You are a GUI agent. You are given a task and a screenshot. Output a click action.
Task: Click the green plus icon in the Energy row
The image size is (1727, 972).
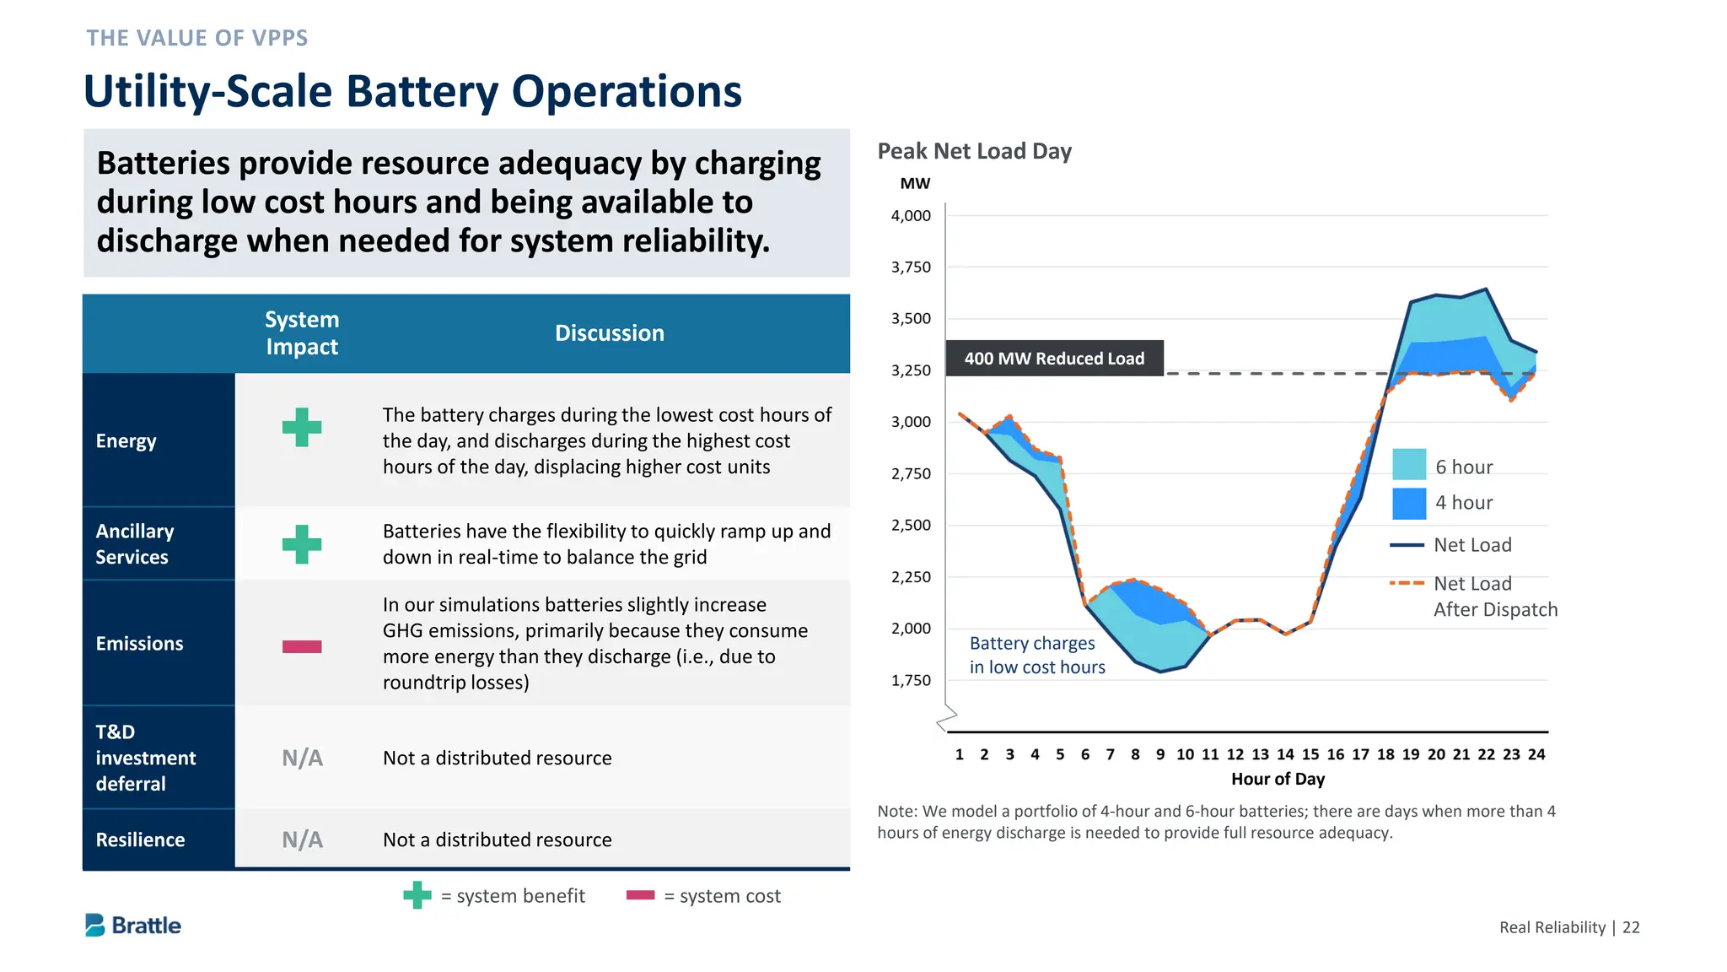tap(302, 427)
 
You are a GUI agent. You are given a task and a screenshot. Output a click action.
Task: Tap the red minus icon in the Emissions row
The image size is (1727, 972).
tap(302, 646)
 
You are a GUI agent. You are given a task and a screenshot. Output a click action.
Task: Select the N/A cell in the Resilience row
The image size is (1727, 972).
tap(302, 840)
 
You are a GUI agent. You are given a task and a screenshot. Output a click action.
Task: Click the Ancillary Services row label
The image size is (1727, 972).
tap(135, 544)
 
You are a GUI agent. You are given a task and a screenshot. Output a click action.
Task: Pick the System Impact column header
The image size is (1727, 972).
tap(302, 333)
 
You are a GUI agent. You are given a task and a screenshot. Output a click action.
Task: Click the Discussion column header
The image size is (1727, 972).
tap(609, 333)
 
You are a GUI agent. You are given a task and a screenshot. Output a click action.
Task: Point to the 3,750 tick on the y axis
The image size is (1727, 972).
tap(911, 267)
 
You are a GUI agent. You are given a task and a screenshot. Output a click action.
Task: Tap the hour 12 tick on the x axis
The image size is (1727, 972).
tap(1235, 754)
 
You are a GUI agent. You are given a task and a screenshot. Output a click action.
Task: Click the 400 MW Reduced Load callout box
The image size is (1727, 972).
tap(1054, 359)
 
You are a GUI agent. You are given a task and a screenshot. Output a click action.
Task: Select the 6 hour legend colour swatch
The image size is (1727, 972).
tap(1408, 465)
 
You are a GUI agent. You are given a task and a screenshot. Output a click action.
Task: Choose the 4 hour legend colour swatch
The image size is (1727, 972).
tap(1408, 504)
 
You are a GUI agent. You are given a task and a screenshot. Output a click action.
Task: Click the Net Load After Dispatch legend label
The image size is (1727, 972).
tap(1494, 597)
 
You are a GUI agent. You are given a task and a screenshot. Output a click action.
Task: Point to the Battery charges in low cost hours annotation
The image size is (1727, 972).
tap(1036, 656)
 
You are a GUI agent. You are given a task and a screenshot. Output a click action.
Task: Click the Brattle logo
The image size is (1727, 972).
tap(133, 926)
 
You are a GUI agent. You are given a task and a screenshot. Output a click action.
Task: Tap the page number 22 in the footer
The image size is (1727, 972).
tap(1631, 927)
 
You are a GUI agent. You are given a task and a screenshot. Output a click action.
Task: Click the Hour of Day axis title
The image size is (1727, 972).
tap(1277, 779)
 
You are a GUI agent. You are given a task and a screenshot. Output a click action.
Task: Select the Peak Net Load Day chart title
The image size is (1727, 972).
tap(974, 151)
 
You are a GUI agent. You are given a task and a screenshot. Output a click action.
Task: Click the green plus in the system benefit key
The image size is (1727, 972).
tap(417, 895)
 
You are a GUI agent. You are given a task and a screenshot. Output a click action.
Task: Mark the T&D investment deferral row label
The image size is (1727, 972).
tap(145, 758)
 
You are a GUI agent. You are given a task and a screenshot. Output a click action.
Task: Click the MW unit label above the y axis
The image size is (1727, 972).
tap(914, 183)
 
